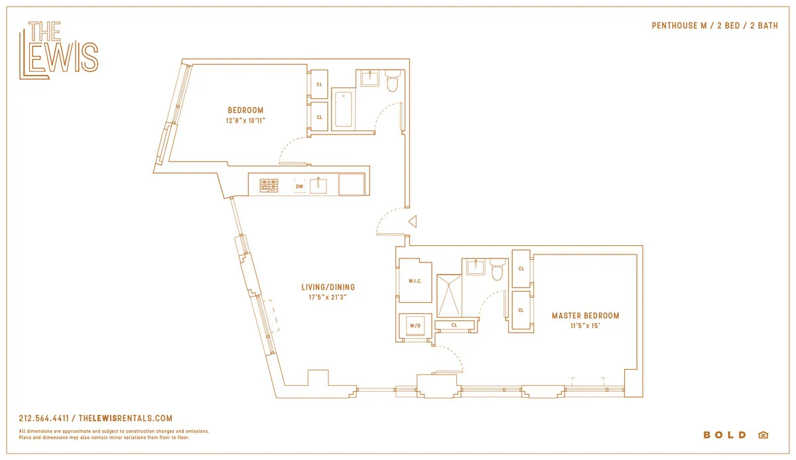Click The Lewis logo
click(x=58, y=51)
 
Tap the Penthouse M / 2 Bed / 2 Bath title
click(x=714, y=26)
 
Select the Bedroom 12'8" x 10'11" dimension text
click(x=245, y=121)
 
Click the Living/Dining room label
click(x=328, y=287)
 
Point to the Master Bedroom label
click(x=585, y=316)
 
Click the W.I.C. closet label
click(x=415, y=281)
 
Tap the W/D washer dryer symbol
click(x=415, y=325)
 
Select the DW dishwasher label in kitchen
click(x=300, y=186)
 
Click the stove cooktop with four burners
click(x=269, y=185)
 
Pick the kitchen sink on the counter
click(x=318, y=185)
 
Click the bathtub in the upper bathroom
click(x=344, y=109)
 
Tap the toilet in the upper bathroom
click(x=391, y=81)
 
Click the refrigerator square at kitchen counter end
click(x=352, y=184)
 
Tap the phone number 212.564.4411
click(x=46, y=418)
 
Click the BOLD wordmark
click(x=724, y=435)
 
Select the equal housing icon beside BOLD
click(x=763, y=435)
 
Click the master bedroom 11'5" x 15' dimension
click(x=585, y=325)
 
